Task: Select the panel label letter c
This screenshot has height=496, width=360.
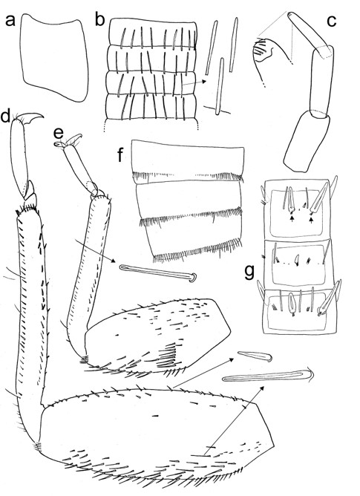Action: point(331,21)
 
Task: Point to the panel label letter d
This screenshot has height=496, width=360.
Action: point(6,117)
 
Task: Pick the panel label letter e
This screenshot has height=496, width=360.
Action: point(59,134)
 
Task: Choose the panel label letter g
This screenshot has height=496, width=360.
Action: point(250,272)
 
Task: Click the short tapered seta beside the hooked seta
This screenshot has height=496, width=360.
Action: point(255,356)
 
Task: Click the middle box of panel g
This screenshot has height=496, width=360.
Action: point(297,264)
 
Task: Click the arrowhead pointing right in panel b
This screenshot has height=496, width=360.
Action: point(204,82)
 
